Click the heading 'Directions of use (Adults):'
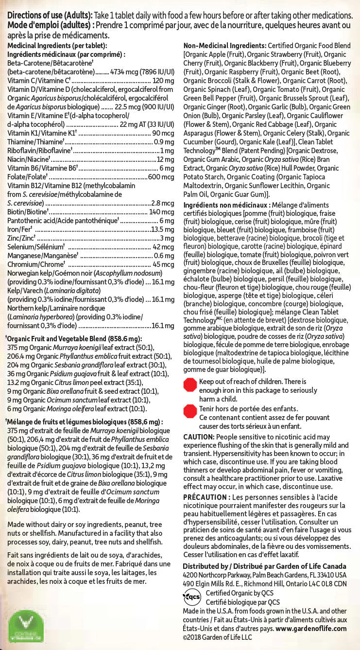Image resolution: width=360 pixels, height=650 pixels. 49,16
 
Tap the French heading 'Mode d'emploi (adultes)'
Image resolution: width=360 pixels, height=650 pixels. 49,25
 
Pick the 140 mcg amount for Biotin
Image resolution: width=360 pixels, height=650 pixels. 161,212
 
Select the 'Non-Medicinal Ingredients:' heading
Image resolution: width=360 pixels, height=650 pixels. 221,45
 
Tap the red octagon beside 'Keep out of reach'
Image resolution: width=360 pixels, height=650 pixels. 189,386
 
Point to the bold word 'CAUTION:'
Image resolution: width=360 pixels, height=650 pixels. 199,437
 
